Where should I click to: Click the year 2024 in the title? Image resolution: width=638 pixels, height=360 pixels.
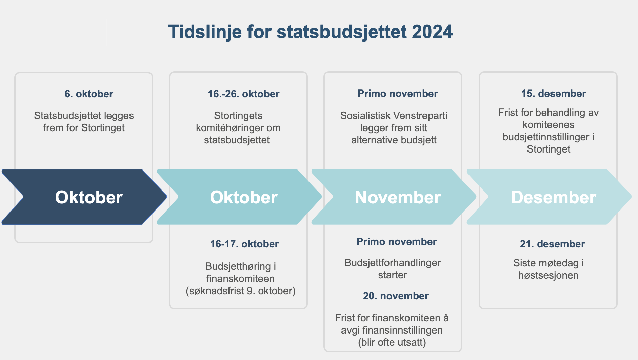(x=432, y=32)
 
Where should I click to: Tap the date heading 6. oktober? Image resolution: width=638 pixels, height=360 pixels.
(x=89, y=94)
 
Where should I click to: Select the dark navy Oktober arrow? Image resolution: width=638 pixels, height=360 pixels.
(x=84, y=197)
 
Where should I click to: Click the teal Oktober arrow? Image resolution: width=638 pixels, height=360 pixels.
(x=239, y=197)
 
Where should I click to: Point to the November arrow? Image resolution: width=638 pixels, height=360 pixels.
(x=394, y=197)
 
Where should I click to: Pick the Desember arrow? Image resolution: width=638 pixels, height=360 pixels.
(x=549, y=197)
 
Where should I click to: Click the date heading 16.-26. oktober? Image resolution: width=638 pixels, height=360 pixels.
(x=244, y=94)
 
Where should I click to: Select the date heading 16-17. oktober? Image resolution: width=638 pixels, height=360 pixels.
(x=244, y=244)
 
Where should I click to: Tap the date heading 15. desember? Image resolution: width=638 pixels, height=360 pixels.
(x=554, y=94)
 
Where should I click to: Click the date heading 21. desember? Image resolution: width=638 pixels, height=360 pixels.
(x=553, y=244)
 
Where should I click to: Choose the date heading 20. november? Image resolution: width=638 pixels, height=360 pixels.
(x=396, y=296)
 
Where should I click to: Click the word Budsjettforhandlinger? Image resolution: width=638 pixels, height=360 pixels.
(x=393, y=263)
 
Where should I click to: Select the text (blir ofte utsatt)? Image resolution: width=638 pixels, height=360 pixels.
(x=392, y=342)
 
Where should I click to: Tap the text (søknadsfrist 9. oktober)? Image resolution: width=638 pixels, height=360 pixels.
(x=241, y=291)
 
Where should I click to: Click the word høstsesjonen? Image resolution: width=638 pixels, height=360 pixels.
(x=549, y=275)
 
